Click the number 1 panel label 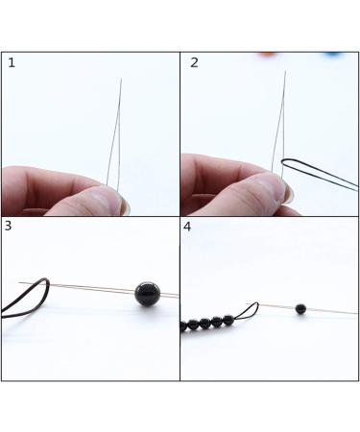point(12,63)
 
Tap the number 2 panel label point(195,63)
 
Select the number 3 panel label point(9,227)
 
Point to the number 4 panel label point(188,227)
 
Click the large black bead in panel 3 point(147,294)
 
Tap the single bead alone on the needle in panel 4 point(301,309)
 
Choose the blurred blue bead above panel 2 point(332,54)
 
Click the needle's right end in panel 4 point(355,313)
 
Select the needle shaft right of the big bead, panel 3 point(170,295)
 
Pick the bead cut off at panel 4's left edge point(183,327)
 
